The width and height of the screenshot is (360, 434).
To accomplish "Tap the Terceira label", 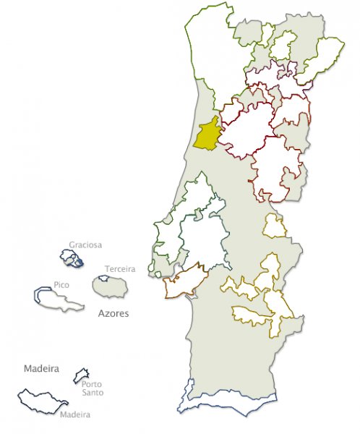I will pos(119,269).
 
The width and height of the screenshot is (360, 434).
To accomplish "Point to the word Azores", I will pos(113,315).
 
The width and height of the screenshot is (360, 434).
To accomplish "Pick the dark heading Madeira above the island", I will pos(40,368).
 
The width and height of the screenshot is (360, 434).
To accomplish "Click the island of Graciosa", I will pos(72,258).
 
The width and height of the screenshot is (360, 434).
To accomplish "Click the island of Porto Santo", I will pos(81,376).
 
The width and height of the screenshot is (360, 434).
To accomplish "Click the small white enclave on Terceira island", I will pos(102,278).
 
